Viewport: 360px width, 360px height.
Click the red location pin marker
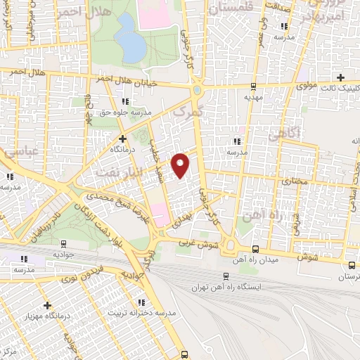[181, 165]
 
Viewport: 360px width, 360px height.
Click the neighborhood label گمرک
[186, 112]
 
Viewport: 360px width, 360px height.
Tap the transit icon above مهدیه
[252, 86]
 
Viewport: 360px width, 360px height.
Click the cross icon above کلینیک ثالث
[342, 77]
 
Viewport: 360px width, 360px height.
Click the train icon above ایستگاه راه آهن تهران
[225, 276]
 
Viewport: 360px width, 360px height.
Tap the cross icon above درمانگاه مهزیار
[48, 306]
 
